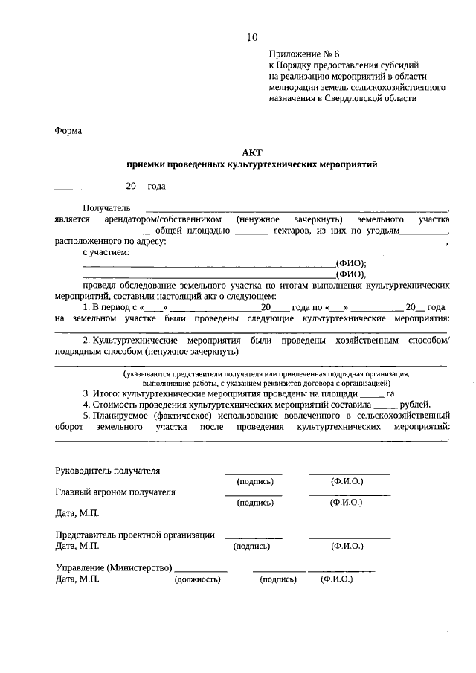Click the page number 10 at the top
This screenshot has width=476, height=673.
tap(253, 37)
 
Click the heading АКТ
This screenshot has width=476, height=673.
tap(253, 152)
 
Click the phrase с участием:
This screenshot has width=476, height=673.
tap(106, 253)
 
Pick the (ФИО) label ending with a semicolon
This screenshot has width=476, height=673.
tap(352, 263)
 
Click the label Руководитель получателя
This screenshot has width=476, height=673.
tap(107, 471)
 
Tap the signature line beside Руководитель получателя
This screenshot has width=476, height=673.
tap(254, 473)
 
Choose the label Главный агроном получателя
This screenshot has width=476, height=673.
tap(115, 492)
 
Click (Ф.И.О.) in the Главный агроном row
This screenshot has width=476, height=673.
tap(346, 503)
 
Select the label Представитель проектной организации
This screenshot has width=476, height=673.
tap(135, 535)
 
